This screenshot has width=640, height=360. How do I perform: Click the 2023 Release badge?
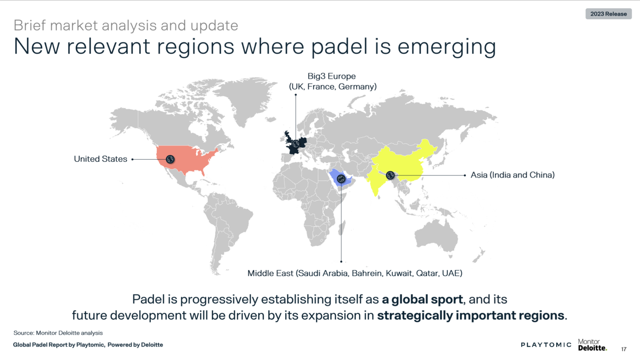click(x=608, y=14)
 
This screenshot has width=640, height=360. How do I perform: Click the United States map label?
click(x=100, y=159)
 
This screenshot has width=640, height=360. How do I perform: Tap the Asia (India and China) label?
click(x=512, y=175)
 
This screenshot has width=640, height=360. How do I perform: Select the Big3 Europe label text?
click(x=332, y=81)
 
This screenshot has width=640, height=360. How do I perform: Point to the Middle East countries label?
click(x=355, y=273)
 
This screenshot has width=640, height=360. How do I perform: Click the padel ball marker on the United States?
click(x=170, y=159)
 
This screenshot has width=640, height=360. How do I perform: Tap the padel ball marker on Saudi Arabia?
click(x=341, y=179)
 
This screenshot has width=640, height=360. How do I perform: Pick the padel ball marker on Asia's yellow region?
click(x=390, y=175)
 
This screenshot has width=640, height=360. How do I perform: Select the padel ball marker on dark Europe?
click(x=296, y=144)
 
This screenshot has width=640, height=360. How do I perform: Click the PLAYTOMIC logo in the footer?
click(x=546, y=345)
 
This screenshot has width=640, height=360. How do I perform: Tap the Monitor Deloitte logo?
click(x=592, y=345)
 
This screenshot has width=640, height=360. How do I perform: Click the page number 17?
click(x=624, y=349)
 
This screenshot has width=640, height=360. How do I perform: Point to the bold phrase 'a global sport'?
click(x=422, y=299)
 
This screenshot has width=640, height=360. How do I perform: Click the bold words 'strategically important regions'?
click(x=471, y=315)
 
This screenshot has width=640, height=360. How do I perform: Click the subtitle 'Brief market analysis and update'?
click(x=126, y=25)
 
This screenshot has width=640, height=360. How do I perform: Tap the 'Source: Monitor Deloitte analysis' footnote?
click(x=58, y=333)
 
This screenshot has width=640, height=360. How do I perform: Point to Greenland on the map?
click(x=246, y=98)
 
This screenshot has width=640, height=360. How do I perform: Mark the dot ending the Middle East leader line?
click(x=341, y=262)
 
